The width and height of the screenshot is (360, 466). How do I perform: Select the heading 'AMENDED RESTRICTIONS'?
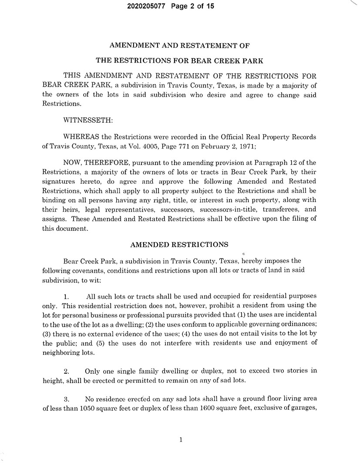(179, 245)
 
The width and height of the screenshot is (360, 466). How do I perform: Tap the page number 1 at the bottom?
(181, 440)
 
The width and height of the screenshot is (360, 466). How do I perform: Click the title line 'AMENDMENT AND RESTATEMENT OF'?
(179, 45)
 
